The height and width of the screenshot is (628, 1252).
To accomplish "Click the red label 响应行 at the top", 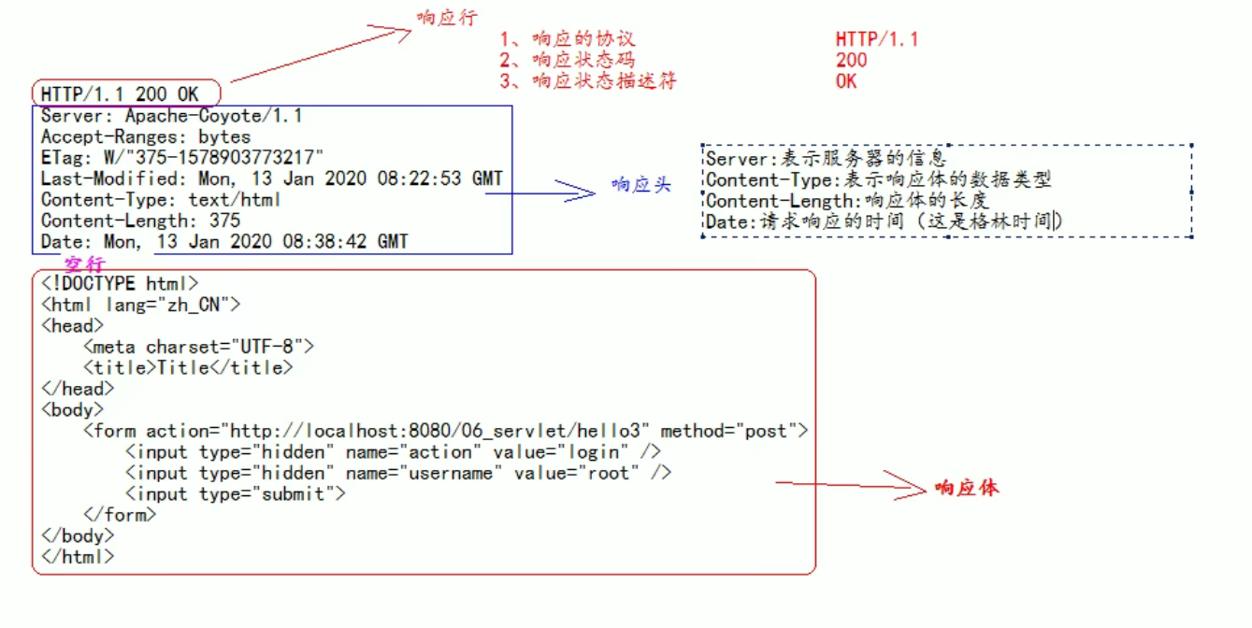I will coord(447,18).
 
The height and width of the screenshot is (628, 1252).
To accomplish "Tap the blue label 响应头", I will coord(641,185).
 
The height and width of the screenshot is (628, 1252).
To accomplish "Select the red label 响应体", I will coord(967,488).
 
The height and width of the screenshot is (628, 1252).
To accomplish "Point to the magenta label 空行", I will coord(84,264).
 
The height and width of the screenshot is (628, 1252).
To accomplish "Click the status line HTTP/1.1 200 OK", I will coord(120,94).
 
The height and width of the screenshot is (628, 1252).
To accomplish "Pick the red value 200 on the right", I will coord(851,61).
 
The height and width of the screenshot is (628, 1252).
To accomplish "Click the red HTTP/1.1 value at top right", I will coord(876,39).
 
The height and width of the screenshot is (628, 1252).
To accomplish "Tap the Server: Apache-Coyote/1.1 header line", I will coord(171,116).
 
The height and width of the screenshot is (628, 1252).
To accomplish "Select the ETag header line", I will coord(182,157).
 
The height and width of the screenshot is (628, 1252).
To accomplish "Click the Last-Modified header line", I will coord(271,178).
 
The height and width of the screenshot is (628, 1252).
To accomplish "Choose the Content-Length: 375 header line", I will coord(140,221).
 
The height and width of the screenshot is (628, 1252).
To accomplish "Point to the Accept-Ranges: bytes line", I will coord(146,136).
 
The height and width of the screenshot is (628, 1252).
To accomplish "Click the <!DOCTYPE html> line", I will coord(120,283).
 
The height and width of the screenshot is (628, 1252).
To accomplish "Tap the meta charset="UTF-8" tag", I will coord(198,347).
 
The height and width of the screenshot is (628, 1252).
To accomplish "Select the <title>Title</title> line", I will coord(188,368).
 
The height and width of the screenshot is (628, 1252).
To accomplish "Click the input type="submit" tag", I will coord(236,493).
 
